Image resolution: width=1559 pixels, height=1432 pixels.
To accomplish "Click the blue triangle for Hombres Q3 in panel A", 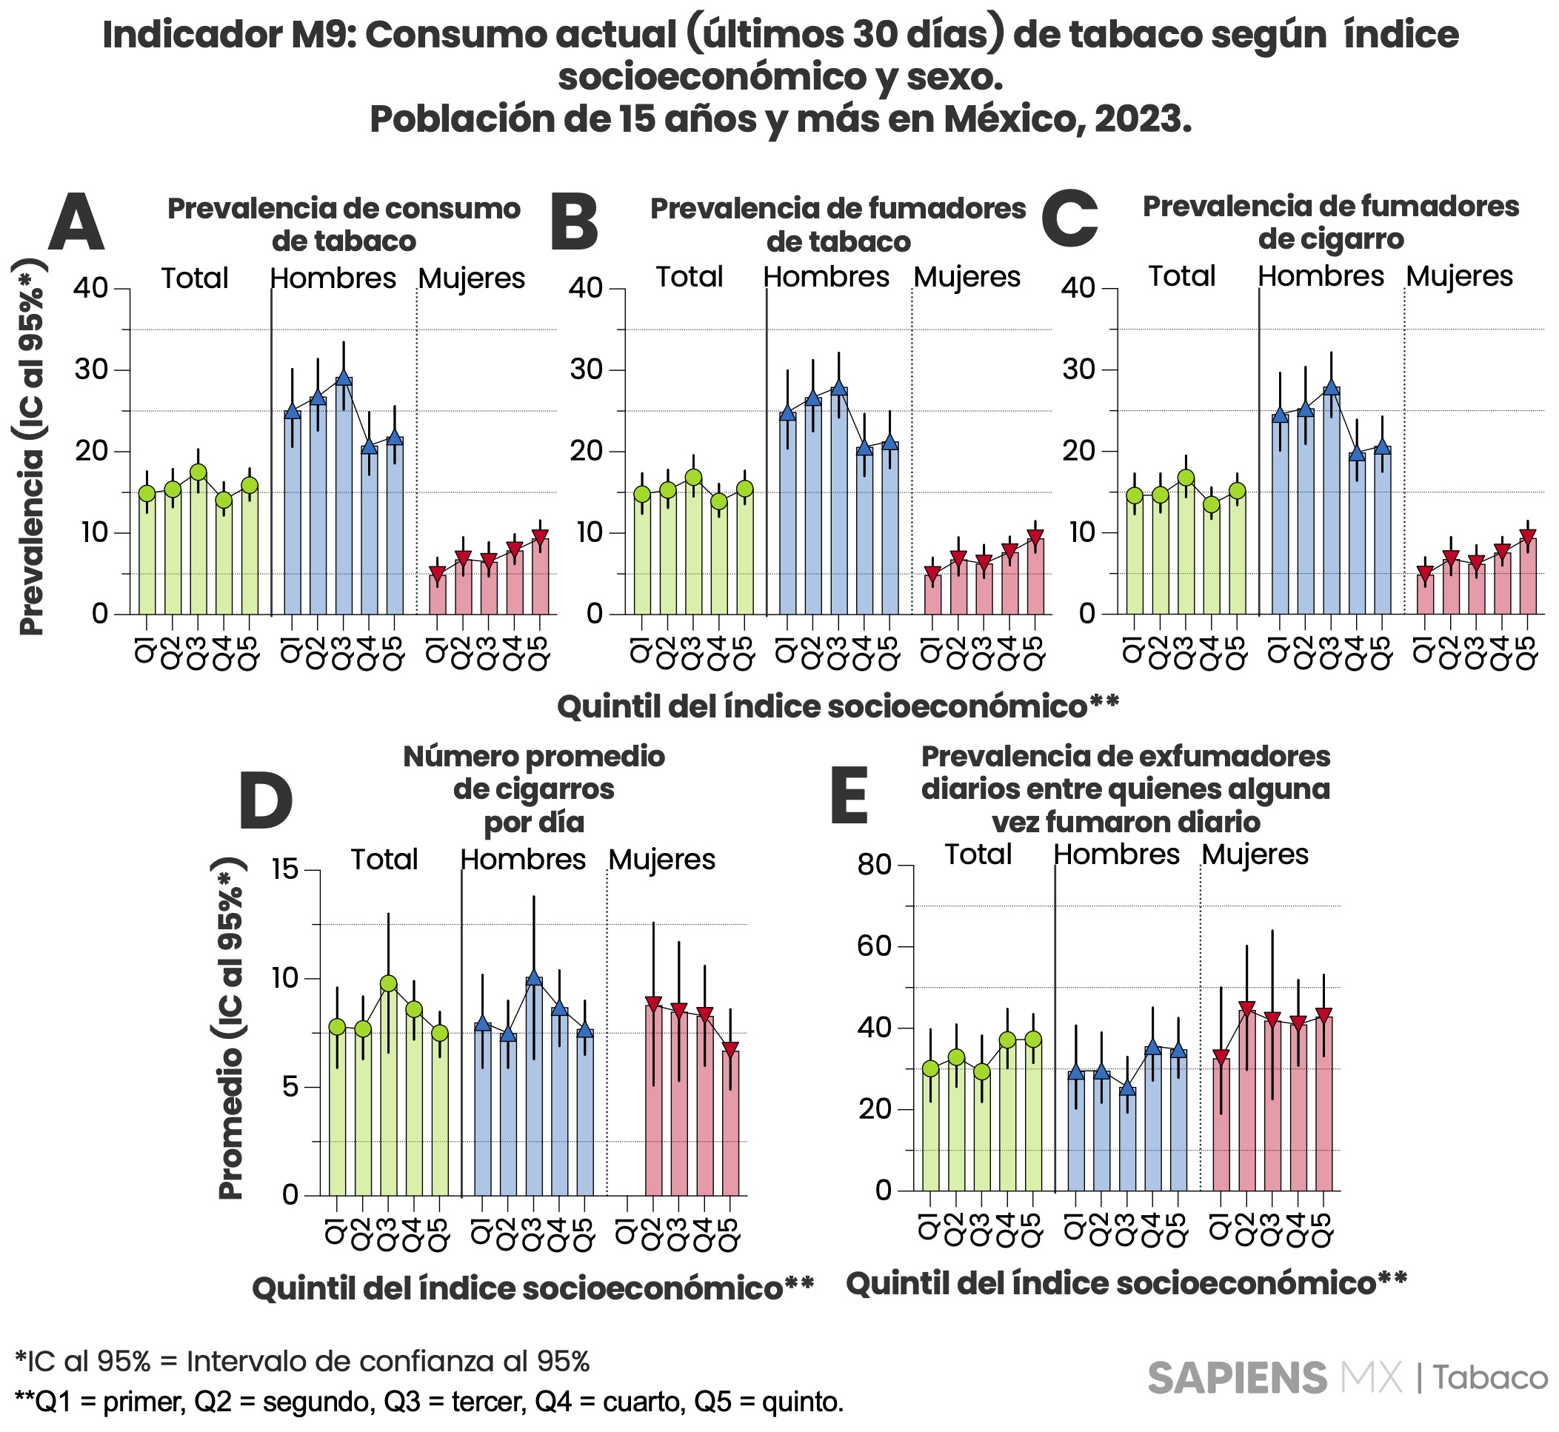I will (x=344, y=378).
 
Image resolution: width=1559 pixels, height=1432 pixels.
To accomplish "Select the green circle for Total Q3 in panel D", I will (x=388, y=983).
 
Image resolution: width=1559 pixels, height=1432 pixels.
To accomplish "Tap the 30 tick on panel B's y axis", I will (x=586, y=369).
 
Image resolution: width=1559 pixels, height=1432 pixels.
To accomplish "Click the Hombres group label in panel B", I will (x=827, y=277).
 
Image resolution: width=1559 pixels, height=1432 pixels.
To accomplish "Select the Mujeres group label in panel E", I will (x=1255, y=854).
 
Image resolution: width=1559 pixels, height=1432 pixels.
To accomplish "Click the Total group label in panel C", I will (x=1181, y=276).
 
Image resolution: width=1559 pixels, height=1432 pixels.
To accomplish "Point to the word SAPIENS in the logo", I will (x=1238, y=1379).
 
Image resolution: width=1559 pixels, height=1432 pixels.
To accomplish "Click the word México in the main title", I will (x=1012, y=118).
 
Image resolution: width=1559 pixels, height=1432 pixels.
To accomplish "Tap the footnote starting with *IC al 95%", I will (x=302, y=1361).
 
